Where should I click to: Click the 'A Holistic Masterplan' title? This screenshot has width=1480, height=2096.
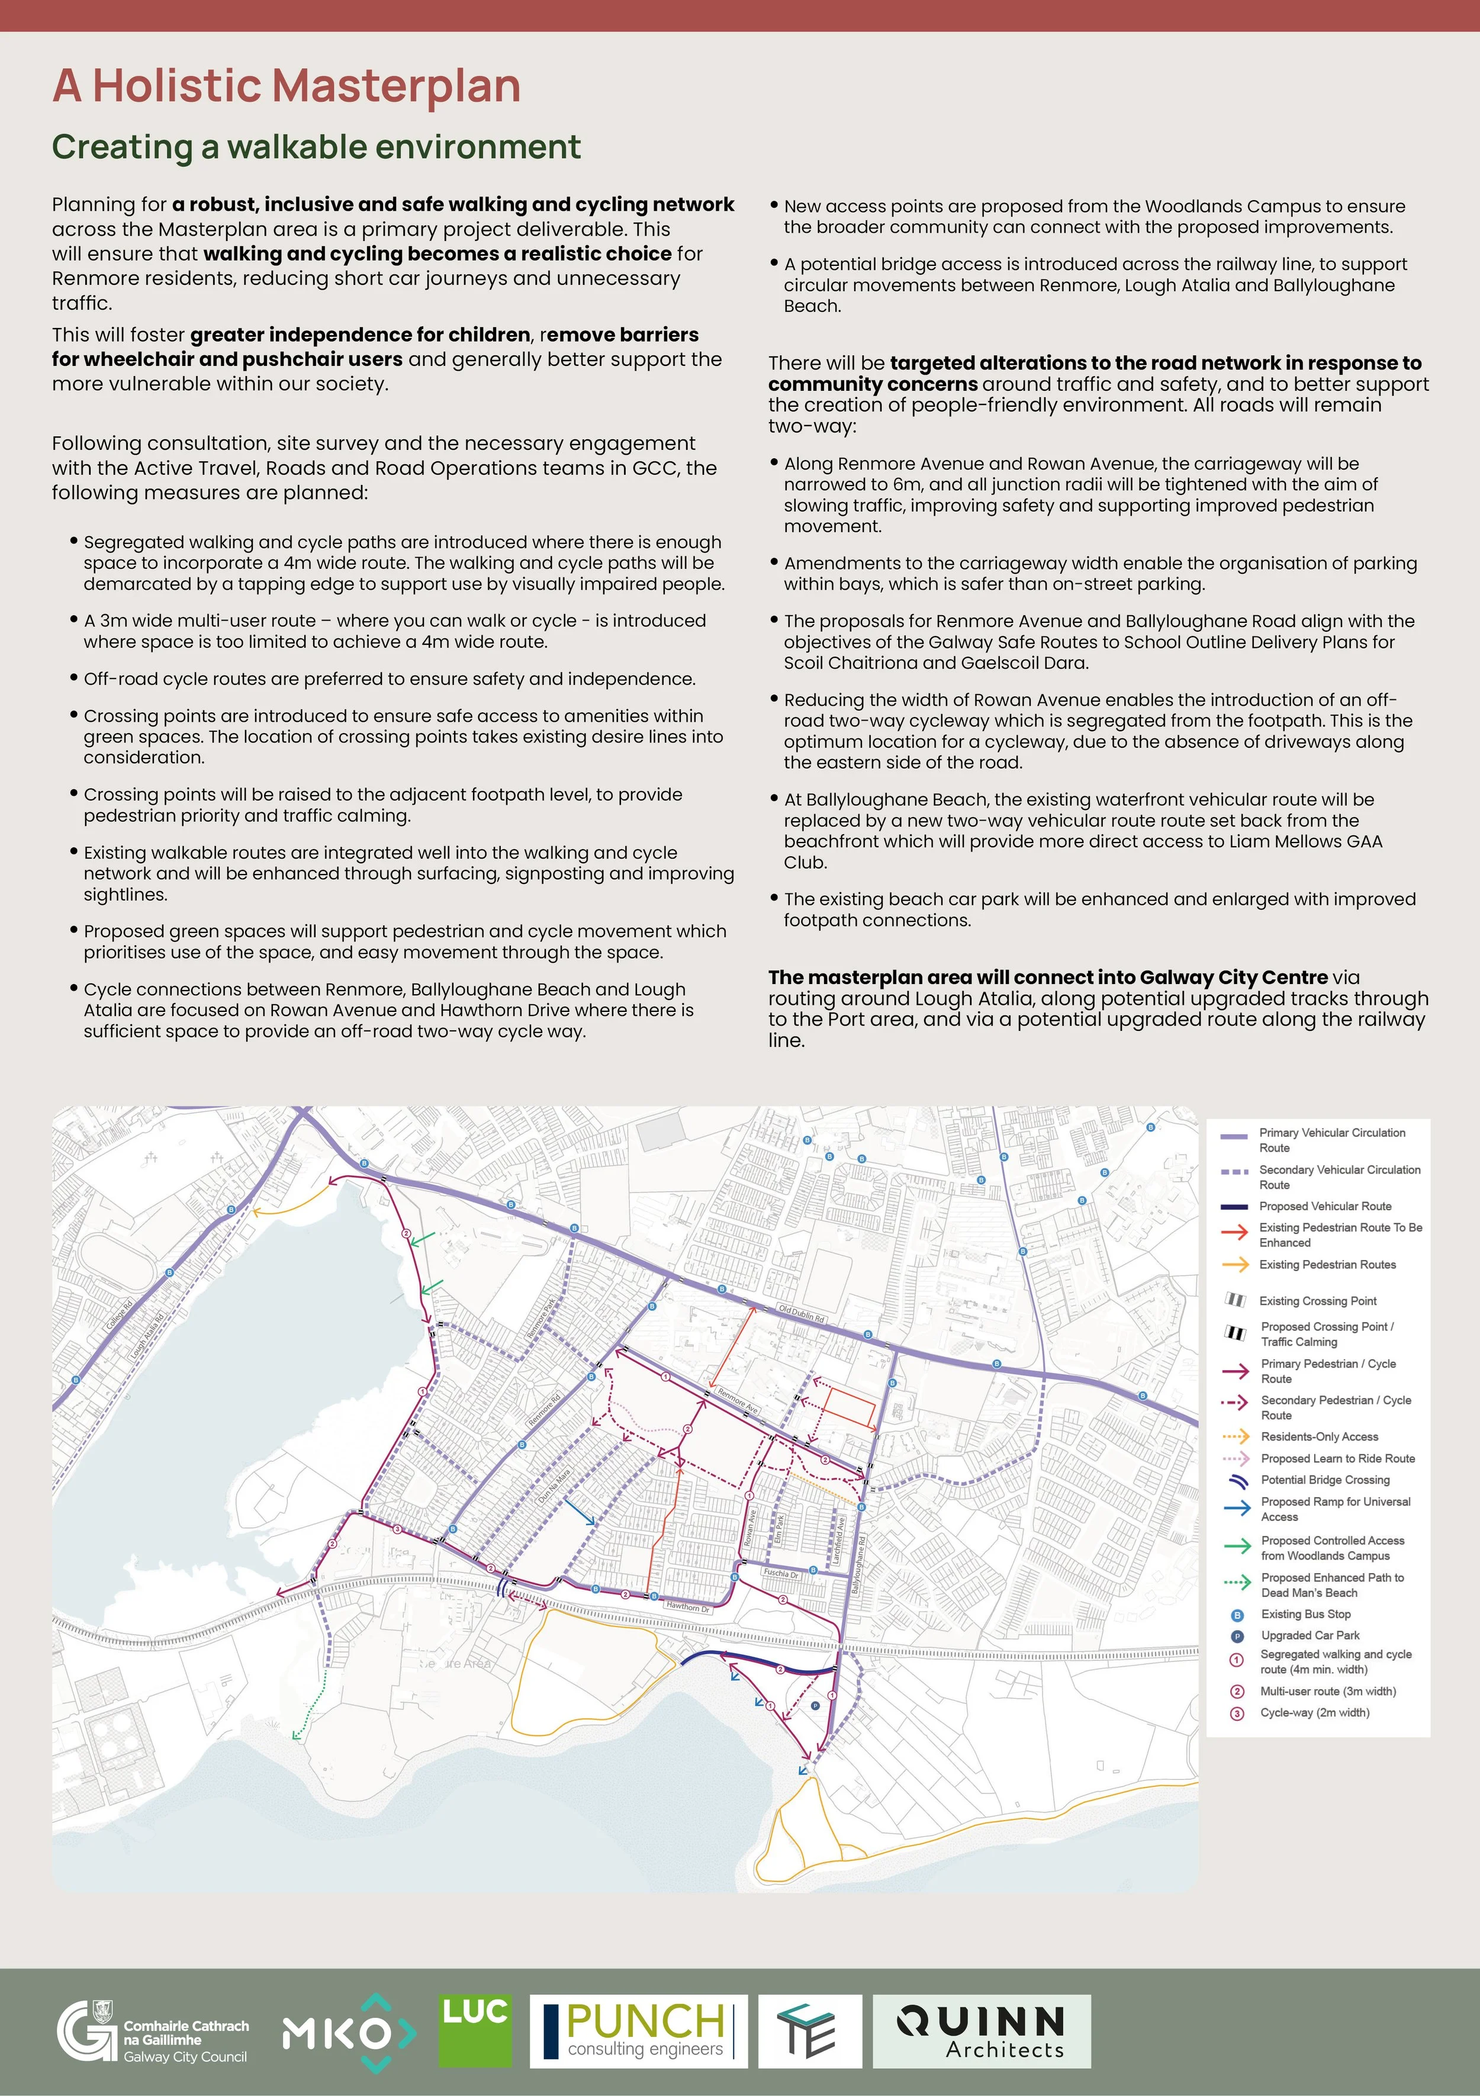click(286, 86)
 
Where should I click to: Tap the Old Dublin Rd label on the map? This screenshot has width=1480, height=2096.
click(801, 1314)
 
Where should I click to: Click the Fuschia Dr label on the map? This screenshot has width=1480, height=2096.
click(781, 1574)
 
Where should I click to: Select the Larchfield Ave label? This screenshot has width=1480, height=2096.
click(840, 1541)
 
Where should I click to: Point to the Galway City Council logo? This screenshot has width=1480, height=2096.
click(153, 2032)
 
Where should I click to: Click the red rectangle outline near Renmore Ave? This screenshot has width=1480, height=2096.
click(849, 1407)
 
